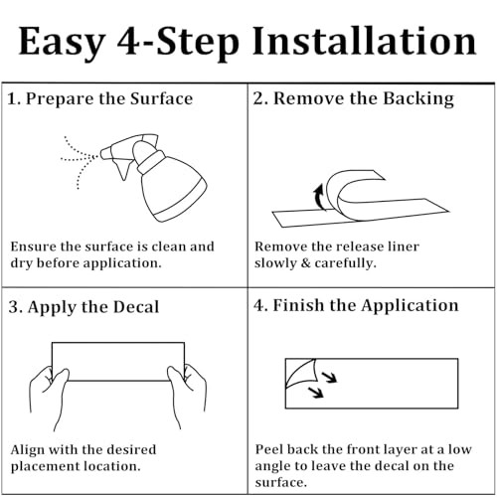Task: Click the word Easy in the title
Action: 62,42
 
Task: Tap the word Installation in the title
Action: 365,41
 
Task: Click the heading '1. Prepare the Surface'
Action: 99,98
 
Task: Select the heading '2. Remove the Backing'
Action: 354,98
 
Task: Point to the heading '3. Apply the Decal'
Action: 83,307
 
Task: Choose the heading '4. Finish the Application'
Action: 356,305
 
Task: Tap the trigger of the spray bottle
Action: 122,168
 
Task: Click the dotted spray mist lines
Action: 80,158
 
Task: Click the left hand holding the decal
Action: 50,395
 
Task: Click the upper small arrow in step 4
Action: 330,377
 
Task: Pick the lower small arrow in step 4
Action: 316,393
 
